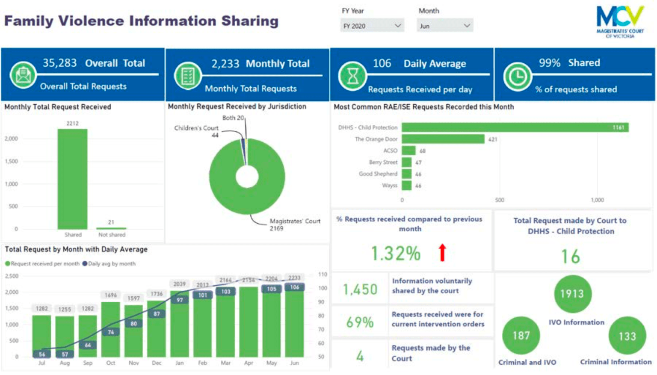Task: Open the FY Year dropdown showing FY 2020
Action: (x=372, y=26)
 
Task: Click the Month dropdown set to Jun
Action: (x=445, y=26)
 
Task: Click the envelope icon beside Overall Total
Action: (x=23, y=75)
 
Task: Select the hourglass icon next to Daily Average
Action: (x=352, y=76)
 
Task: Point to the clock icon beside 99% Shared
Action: (x=517, y=77)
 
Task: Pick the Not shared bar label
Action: (x=112, y=235)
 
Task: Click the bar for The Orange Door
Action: (x=443, y=139)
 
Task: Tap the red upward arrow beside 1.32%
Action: (x=442, y=253)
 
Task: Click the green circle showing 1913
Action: (x=572, y=294)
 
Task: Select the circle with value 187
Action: (x=521, y=336)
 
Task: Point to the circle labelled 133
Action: (x=627, y=336)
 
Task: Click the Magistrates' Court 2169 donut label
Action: (x=294, y=224)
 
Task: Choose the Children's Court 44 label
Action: (x=197, y=131)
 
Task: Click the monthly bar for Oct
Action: (x=111, y=329)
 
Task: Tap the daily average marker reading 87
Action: (x=157, y=314)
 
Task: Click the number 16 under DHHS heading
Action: (x=570, y=257)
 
